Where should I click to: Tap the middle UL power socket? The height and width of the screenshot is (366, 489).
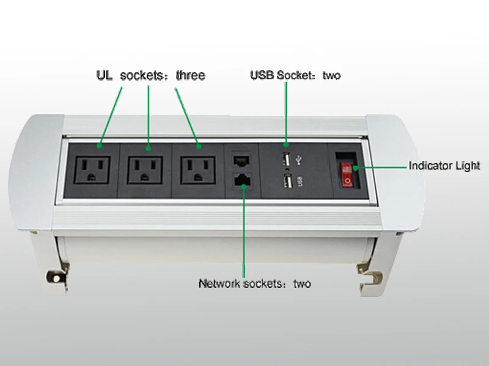[x=145, y=169]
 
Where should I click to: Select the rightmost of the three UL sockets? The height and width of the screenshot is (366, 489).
[x=197, y=169]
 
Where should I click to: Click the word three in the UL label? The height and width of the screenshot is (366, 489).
[x=190, y=76]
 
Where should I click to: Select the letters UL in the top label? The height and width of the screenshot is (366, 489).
[x=104, y=76]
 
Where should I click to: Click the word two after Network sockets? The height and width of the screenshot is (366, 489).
[x=302, y=284]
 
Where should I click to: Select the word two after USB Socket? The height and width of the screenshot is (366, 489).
[x=331, y=76]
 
